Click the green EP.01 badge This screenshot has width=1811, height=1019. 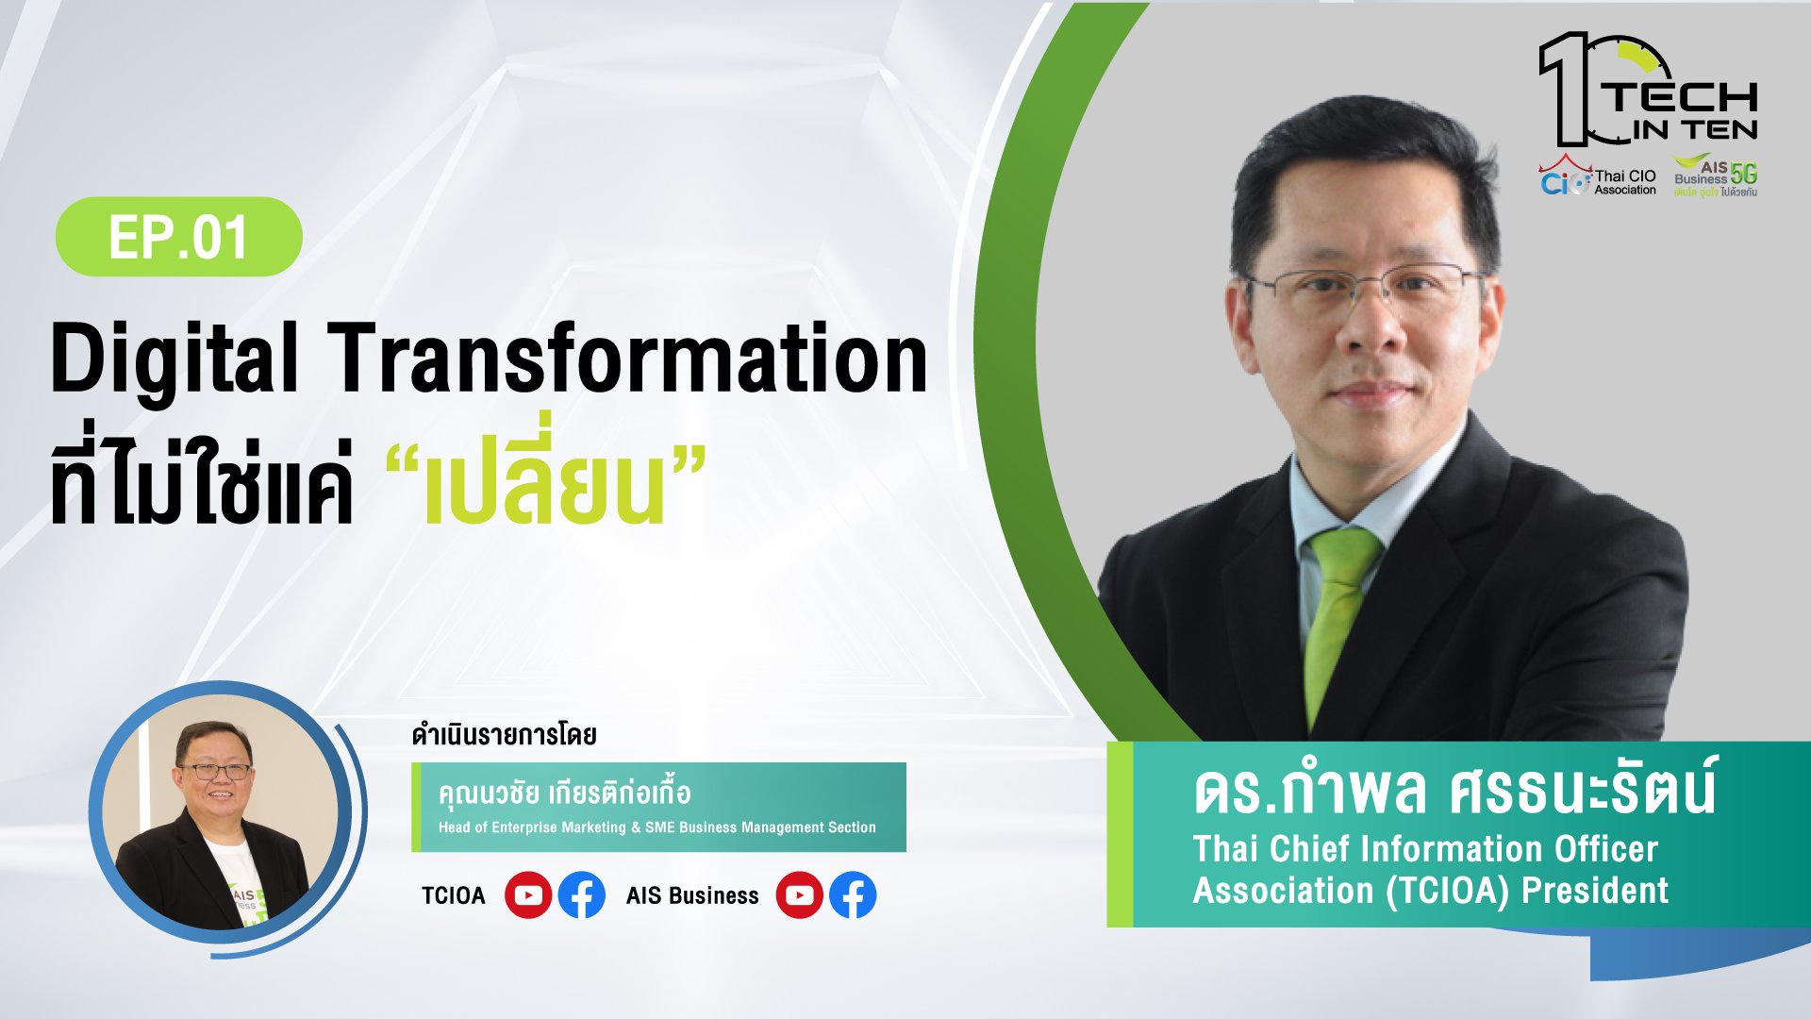(179, 237)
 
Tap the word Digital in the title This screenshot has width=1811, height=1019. (174, 360)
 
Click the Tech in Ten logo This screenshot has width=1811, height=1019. (1648, 91)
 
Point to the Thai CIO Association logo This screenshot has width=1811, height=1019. (1598, 176)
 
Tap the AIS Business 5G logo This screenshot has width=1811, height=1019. (1716, 176)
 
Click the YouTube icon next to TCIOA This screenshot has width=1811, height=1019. (528, 895)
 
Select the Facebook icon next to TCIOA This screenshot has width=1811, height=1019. (582, 895)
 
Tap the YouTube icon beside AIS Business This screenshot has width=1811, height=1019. (800, 895)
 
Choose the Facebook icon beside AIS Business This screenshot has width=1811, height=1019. (853, 895)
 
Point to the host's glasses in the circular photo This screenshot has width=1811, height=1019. (216, 771)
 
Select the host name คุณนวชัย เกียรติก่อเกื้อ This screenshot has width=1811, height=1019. (564, 793)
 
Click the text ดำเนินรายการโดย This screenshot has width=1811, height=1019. (504, 735)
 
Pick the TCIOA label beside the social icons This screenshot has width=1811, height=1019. (453, 895)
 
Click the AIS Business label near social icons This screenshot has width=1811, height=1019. (692, 895)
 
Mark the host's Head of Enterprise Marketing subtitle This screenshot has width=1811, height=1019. (656, 827)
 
